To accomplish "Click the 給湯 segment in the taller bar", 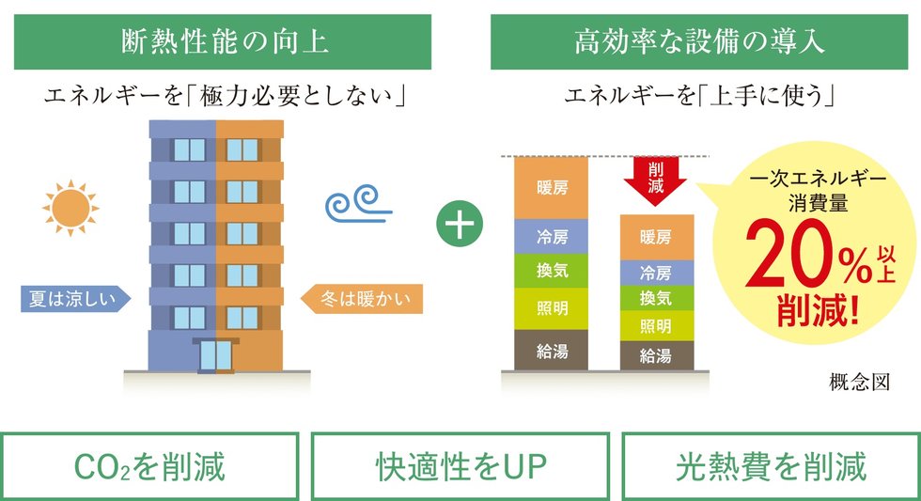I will click(x=551, y=350).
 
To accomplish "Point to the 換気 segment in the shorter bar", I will click(x=655, y=299).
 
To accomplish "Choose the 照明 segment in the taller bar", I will click(x=551, y=308).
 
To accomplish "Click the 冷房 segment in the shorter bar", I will click(x=655, y=274).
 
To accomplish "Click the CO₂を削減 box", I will click(x=150, y=466).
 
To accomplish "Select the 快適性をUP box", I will click(x=460, y=466).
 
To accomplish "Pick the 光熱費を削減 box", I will click(x=771, y=466).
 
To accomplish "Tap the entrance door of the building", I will click(x=215, y=354).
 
